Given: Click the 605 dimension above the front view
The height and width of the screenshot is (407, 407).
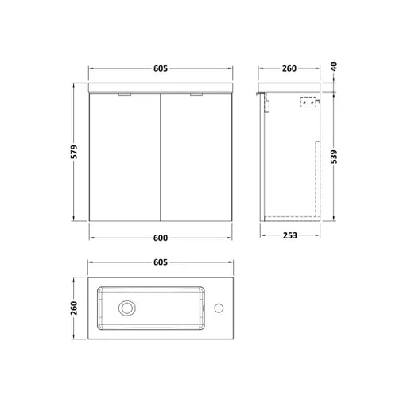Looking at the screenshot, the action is [161, 68].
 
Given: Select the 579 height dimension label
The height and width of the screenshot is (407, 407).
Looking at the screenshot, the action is [74, 152].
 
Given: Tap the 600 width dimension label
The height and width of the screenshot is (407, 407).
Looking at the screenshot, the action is [161, 238].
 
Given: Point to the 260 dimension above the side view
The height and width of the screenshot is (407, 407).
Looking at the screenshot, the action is [289, 68].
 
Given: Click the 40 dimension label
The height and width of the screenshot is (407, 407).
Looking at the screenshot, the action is [334, 66].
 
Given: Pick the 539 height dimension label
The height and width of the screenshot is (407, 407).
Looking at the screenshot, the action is [334, 157].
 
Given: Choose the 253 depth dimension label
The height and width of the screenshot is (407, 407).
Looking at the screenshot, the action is [289, 235].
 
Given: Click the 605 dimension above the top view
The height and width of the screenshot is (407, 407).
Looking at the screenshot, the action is [161, 262].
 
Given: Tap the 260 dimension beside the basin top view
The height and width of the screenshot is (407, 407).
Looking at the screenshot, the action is [74, 308].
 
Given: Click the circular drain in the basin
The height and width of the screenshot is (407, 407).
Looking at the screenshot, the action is [127, 308].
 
